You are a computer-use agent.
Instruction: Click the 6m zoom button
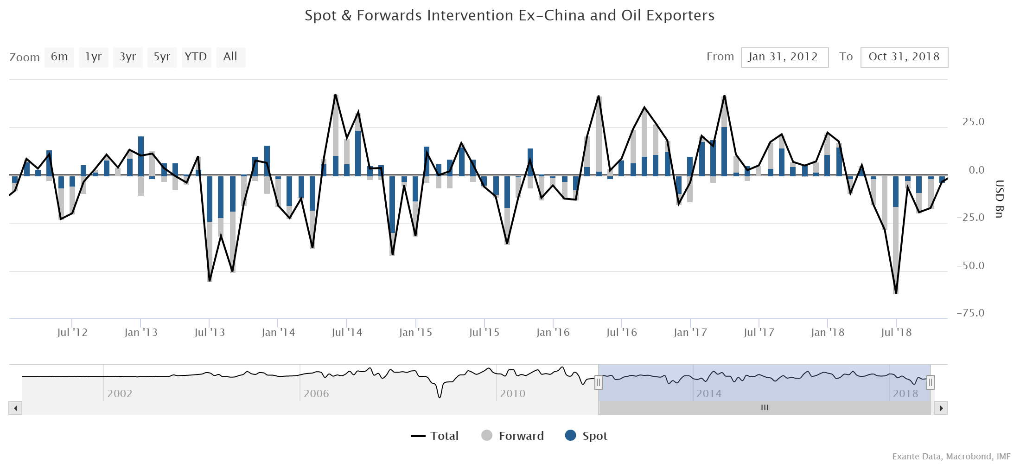click(x=59, y=57)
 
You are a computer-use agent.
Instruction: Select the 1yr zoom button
click(x=93, y=57)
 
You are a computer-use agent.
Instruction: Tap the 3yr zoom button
click(x=127, y=57)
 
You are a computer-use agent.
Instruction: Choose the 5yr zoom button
click(x=162, y=57)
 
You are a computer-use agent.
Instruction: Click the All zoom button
click(x=230, y=57)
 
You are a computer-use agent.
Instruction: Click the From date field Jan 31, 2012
click(x=784, y=57)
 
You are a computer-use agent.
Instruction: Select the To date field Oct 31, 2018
click(x=904, y=57)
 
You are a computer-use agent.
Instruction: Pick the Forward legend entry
click(x=513, y=436)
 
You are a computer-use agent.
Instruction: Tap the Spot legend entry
click(x=586, y=436)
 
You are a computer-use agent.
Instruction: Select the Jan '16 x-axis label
click(x=553, y=333)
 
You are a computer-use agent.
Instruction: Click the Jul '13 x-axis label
click(x=209, y=333)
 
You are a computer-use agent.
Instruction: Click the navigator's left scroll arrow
click(x=15, y=408)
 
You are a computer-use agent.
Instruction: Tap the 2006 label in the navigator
click(x=316, y=394)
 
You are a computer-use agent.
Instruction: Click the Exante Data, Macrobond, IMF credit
click(x=952, y=457)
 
